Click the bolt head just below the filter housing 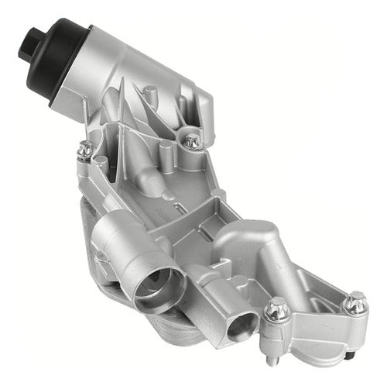[191, 140]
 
